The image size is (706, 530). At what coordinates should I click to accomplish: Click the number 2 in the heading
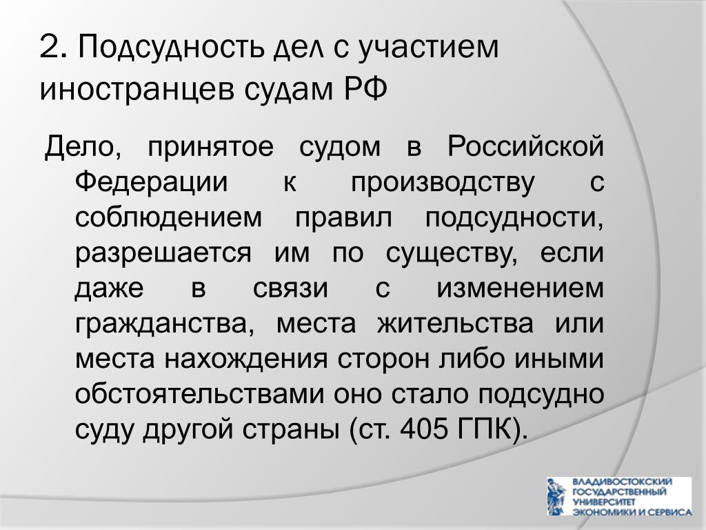point(50,46)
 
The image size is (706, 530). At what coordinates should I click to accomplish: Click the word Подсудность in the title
point(171,48)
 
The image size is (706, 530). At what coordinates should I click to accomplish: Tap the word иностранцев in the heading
point(137,89)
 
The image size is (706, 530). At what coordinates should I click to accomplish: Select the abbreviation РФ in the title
point(365,88)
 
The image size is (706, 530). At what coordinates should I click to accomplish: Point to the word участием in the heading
point(428,48)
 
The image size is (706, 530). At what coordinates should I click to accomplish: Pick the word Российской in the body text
point(525,146)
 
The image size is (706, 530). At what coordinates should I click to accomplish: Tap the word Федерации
point(151,182)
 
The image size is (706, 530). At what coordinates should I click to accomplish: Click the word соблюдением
point(168,218)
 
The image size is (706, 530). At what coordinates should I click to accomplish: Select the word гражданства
point(165,324)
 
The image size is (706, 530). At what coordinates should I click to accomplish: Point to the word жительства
point(456,324)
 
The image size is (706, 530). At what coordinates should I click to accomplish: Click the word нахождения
point(245,360)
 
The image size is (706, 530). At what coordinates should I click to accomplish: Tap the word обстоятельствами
point(199,395)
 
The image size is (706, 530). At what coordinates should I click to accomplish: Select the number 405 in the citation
point(423,429)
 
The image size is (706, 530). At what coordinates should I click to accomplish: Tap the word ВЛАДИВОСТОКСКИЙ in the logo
point(623,482)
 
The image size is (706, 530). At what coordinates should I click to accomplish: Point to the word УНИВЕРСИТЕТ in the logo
point(603,502)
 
